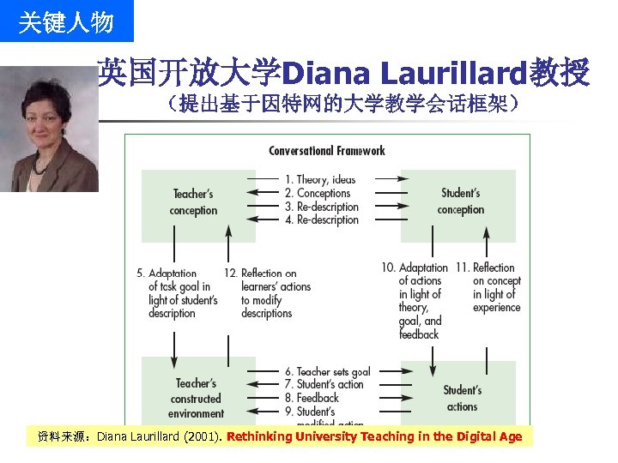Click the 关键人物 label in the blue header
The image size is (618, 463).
coord(66,22)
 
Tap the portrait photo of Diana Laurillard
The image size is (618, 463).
coord(49,129)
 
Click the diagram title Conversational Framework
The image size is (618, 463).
coord(327,151)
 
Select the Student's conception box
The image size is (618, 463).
coord(461,202)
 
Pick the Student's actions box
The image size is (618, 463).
coord(463,398)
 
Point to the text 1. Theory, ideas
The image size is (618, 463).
coord(320,179)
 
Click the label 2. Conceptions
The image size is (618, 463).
coord(318,193)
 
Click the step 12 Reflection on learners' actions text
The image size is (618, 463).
coord(269,293)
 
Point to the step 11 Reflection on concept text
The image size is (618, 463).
coord(496,287)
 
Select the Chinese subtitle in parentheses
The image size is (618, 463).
coord(343,105)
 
